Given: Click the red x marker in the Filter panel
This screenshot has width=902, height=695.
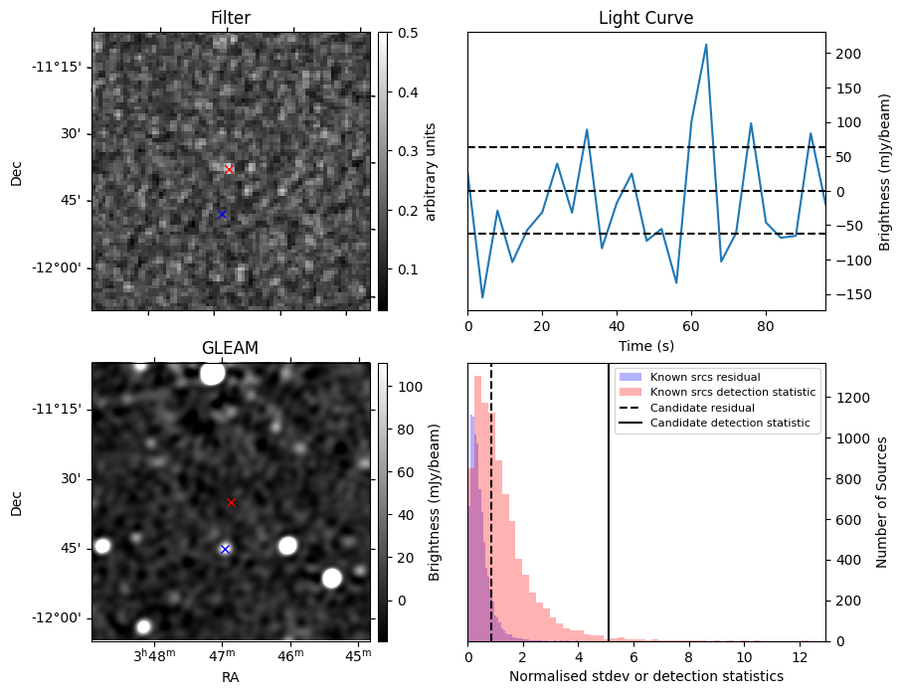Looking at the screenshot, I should [x=229, y=169].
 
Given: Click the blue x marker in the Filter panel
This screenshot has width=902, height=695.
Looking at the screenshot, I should [x=222, y=214].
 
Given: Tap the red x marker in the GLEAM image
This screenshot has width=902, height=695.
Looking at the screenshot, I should [x=231, y=502].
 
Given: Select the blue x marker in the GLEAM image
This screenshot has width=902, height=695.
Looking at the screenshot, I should [x=225, y=549].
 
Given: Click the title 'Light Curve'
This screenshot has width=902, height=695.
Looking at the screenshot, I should [x=645, y=18].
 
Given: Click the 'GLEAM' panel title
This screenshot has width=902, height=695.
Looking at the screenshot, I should [x=230, y=348].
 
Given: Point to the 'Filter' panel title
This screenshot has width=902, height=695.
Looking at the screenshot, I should [x=230, y=18].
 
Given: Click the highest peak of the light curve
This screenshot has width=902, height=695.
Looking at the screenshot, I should [x=706, y=45].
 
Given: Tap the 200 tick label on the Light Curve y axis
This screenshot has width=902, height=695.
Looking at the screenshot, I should [x=844, y=54].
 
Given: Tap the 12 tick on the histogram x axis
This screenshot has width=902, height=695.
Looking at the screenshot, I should [x=799, y=656].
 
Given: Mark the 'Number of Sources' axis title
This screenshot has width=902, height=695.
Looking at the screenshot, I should [x=882, y=502].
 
